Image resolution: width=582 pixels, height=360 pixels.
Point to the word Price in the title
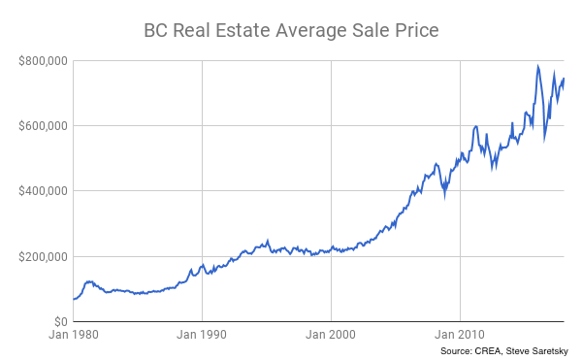coord(416,30)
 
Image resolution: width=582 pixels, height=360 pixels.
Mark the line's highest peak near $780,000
coord(537,67)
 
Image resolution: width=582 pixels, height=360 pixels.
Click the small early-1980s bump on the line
coord(89,281)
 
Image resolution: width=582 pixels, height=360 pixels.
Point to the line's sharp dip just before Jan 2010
coord(444,195)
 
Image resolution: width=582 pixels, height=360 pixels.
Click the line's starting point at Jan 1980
coord(74,299)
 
